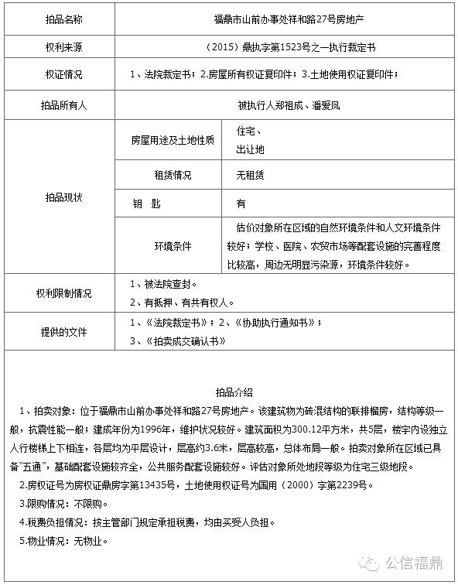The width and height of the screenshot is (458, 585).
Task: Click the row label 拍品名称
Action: click(x=63, y=19)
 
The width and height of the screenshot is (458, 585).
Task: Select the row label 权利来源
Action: click(x=63, y=47)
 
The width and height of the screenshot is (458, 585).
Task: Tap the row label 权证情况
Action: click(x=63, y=76)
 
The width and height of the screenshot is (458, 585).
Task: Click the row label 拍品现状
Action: click(x=63, y=197)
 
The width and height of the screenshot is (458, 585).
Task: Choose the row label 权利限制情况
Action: click(x=63, y=293)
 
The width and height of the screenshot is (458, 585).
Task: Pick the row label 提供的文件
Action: click(x=63, y=332)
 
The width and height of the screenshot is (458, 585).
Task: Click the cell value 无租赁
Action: click(x=251, y=176)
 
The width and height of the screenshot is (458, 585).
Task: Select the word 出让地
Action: click(x=251, y=149)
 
